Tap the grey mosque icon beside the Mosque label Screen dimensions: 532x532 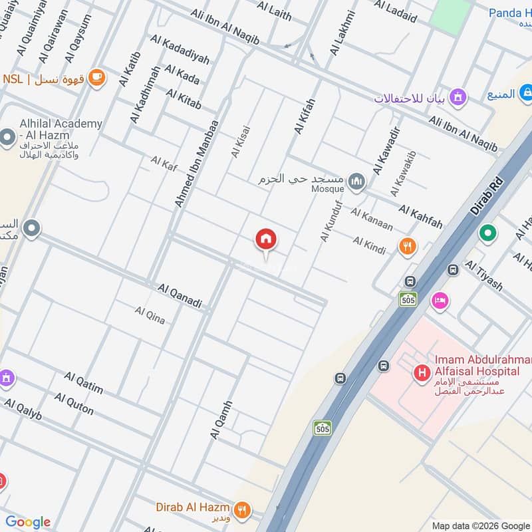coord(357,181)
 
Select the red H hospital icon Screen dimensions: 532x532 coord(422,374)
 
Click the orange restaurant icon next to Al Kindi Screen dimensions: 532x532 coord(408,247)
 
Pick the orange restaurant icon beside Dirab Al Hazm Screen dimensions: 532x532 coord(243,509)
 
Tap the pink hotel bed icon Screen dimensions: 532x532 coord(440,301)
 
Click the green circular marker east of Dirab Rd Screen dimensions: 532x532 coord(488,234)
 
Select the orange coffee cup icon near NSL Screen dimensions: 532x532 coord(97,77)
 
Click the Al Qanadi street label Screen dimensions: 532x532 coord(180,296)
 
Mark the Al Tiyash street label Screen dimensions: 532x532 coord(484,275)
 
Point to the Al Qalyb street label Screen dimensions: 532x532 coord(23,409)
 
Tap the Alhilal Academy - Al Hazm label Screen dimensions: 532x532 coord(52,130)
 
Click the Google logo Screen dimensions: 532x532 coord(28,522)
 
